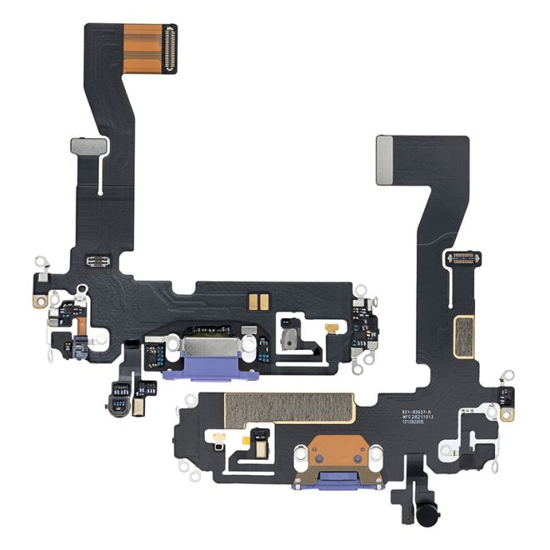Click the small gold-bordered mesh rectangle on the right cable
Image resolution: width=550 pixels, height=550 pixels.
click(x=463, y=335)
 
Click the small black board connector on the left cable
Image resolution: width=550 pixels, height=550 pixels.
click(x=99, y=262)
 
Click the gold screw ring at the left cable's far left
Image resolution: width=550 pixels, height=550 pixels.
click(x=39, y=301)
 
